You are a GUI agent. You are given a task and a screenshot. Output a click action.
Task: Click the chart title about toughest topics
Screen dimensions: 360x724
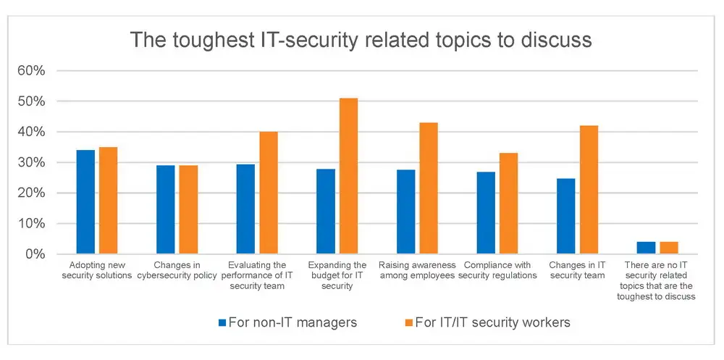pyautogui.click(x=361, y=40)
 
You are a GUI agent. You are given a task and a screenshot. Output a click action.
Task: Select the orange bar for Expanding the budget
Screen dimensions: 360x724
pyautogui.click(x=348, y=176)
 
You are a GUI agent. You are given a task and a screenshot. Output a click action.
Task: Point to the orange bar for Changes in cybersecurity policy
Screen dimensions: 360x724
pyautogui.click(x=188, y=210)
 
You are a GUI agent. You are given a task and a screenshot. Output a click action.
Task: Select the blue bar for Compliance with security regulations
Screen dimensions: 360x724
pyautogui.click(x=486, y=213)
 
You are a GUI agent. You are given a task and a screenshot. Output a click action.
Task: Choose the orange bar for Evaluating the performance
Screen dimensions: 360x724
pyautogui.click(x=269, y=193)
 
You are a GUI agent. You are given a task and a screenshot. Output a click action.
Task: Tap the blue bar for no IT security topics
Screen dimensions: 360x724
pyautogui.click(x=646, y=248)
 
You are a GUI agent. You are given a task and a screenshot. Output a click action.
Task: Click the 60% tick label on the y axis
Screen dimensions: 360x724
pyautogui.click(x=31, y=71)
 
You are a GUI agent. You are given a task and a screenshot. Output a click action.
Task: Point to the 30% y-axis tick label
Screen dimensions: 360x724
pyautogui.click(x=31, y=163)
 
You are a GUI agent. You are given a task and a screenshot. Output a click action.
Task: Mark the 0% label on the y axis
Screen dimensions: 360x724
pyautogui.click(x=34, y=254)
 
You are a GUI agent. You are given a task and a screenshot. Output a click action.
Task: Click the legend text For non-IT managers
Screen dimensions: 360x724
pyautogui.click(x=292, y=322)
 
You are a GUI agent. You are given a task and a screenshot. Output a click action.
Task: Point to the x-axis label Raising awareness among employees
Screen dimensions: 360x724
pyautogui.click(x=416, y=270)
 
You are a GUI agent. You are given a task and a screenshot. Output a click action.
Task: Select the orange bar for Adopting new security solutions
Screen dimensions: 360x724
pyautogui.click(x=109, y=201)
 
